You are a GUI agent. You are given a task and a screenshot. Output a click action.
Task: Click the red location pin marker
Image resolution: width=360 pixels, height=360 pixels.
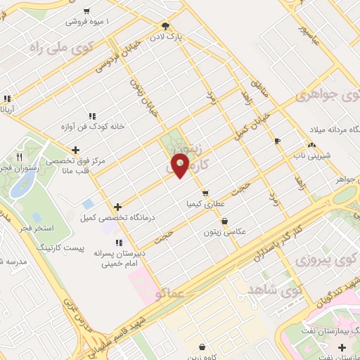coord(181,165)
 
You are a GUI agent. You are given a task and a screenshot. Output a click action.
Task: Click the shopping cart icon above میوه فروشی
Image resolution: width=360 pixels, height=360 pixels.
coord(86,11)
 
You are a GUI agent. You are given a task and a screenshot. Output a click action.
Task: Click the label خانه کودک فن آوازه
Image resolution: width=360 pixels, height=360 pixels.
coord(91,126)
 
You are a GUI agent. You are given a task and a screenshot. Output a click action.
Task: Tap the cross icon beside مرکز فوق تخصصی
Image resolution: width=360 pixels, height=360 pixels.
coord(76,149)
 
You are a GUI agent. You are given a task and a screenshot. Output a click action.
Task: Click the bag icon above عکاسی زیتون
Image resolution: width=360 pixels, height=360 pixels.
coord(224,220)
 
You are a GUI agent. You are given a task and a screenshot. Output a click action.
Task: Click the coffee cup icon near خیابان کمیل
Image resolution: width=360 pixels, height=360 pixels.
coord(277,141)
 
